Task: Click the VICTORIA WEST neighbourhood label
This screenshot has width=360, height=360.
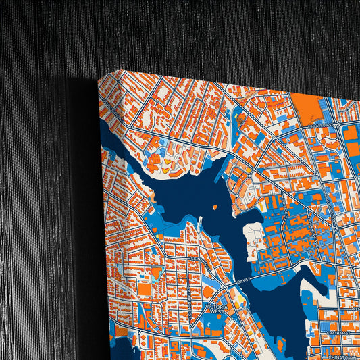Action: (x=217, y=309)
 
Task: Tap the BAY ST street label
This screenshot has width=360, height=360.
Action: (x=243, y=280)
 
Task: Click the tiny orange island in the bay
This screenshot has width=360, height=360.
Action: (x=214, y=207)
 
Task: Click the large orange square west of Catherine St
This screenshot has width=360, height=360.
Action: (x=145, y=290)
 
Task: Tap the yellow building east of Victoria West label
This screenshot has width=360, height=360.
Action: (x=238, y=297)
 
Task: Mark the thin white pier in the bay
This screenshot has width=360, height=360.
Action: (x=201, y=223)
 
